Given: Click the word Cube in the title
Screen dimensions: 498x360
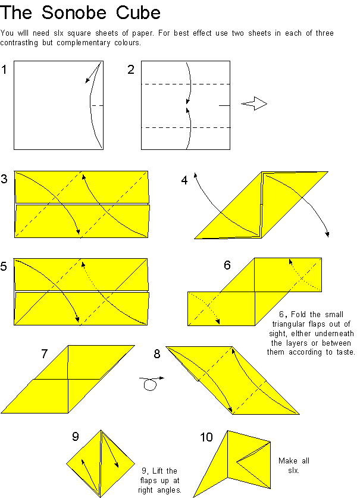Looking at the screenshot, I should click(x=139, y=12).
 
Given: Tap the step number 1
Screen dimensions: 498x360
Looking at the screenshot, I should click(x=5, y=70).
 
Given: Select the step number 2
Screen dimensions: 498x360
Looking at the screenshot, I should click(x=131, y=70).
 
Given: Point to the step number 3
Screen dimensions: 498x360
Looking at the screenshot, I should click(x=5, y=178).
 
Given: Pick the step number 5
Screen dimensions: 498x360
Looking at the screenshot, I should click(x=5, y=267).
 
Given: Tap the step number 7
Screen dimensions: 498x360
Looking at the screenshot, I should click(x=45, y=354).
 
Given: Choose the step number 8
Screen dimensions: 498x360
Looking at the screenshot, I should click(x=156, y=354).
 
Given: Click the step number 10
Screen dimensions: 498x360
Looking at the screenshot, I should click(x=206, y=438).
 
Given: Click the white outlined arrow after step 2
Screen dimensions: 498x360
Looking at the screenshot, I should click(x=254, y=104).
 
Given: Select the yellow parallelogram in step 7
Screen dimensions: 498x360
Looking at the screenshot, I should click(x=68, y=378).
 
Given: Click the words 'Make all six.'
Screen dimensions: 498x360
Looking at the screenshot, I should click(x=294, y=466).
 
